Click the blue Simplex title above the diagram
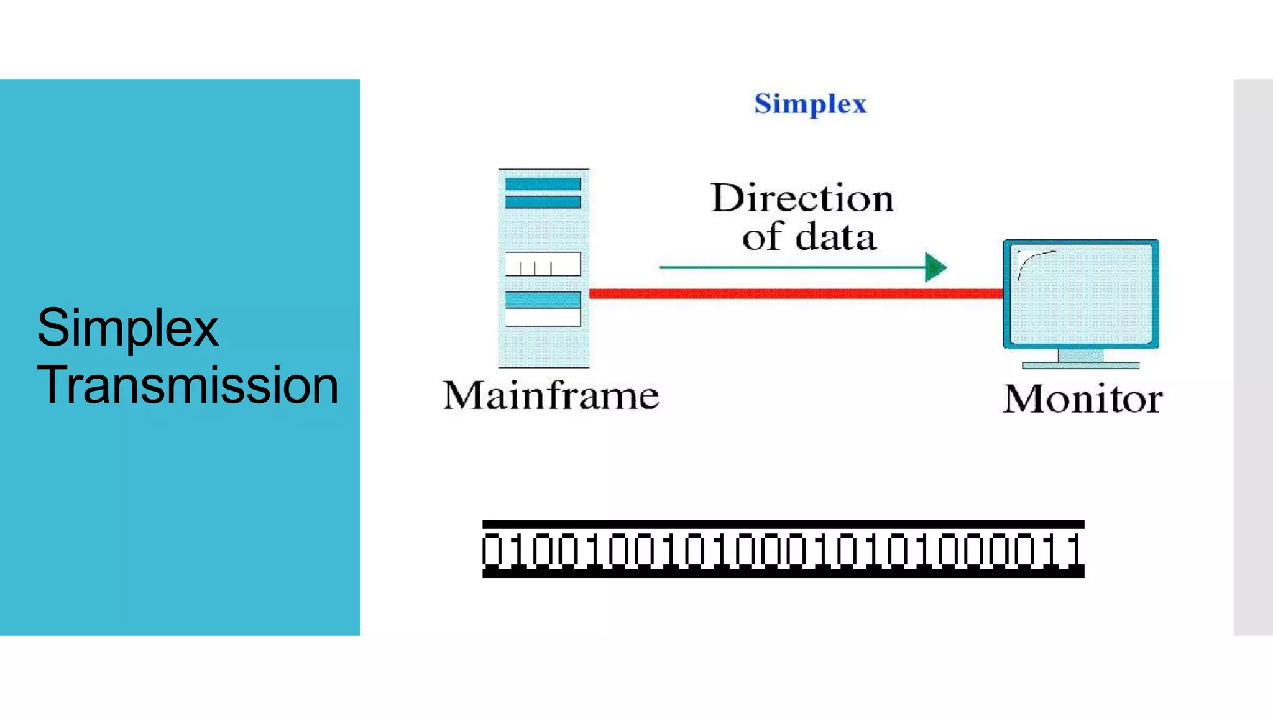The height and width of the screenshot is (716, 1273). click(x=810, y=104)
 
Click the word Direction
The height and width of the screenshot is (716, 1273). click(x=802, y=199)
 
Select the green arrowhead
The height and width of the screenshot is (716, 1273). click(x=934, y=267)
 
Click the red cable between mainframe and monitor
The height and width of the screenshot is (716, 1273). click(x=796, y=293)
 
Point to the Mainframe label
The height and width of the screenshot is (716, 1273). click(x=551, y=396)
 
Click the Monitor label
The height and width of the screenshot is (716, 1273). click(x=1082, y=399)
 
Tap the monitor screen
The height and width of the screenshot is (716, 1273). click(x=1082, y=295)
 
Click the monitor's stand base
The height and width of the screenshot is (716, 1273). click(x=1081, y=365)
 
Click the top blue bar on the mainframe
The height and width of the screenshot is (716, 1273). click(x=543, y=184)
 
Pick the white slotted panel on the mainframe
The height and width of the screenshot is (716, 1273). click(x=543, y=264)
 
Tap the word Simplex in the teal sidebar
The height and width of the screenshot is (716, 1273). click(x=127, y=328)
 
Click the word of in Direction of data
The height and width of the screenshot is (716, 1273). click(x=762, y=238)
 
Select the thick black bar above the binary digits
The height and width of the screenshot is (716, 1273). click(x=783, y=525)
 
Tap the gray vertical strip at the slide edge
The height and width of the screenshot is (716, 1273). click(x=1253, y=357)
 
